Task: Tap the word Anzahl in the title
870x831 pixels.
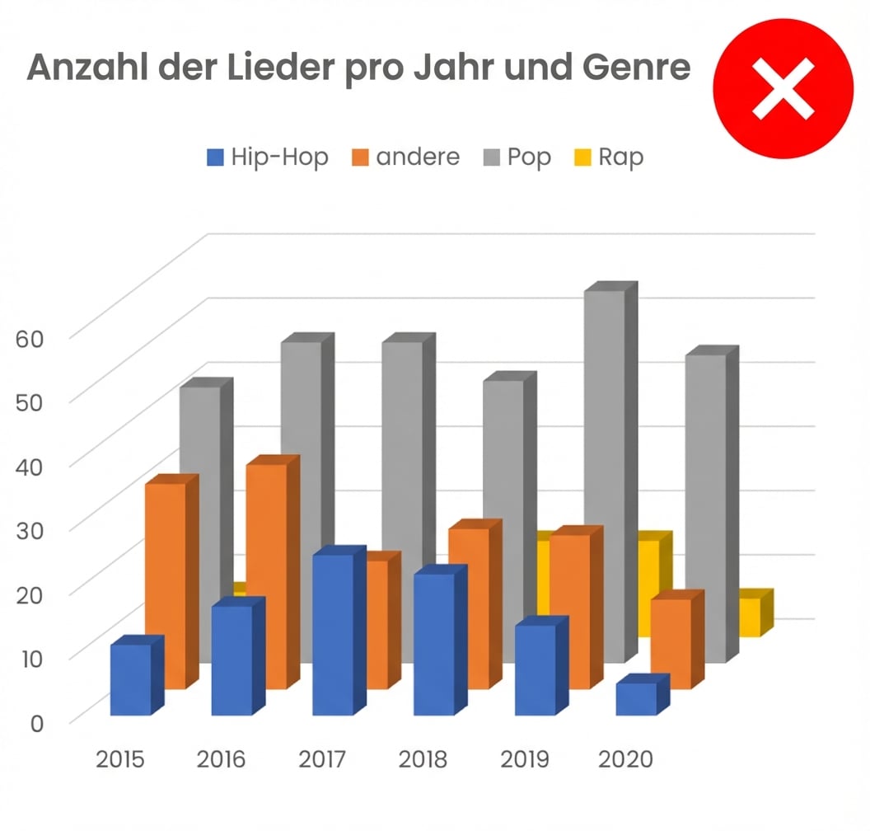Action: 88,67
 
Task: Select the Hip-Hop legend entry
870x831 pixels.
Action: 268,157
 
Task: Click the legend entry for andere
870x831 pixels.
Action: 406,157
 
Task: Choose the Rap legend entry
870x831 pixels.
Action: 608,157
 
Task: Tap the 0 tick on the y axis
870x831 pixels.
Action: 39,722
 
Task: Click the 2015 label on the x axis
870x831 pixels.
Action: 120,759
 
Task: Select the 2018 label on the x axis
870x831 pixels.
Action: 423,759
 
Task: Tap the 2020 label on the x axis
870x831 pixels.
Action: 625,759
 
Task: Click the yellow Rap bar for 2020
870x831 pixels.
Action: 750,616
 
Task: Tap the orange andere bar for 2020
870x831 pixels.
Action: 671,643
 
